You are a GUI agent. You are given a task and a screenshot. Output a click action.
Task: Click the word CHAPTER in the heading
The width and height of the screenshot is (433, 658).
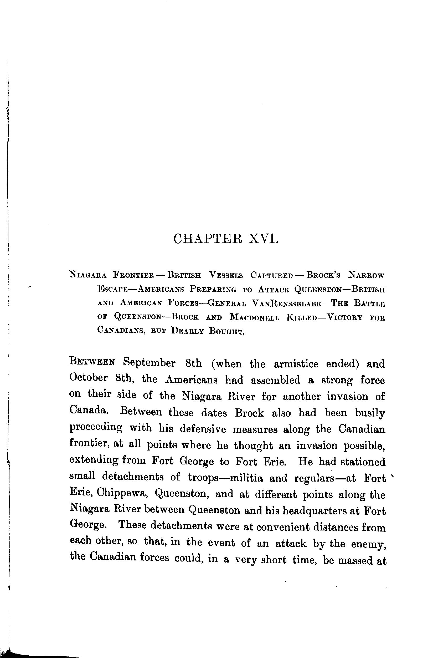[x=207, y=238]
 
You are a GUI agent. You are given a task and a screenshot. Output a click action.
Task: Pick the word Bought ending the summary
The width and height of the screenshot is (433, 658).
[x=227, y=331]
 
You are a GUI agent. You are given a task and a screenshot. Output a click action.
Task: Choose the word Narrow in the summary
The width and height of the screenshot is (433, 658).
[x=366, y=275]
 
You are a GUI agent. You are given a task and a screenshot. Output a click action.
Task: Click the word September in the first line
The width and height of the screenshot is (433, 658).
[x=149, y=363]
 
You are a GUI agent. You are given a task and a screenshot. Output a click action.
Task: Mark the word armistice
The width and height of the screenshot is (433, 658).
[x=296, y=364]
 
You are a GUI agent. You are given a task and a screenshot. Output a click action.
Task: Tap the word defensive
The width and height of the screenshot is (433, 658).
[x=203, y=429]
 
